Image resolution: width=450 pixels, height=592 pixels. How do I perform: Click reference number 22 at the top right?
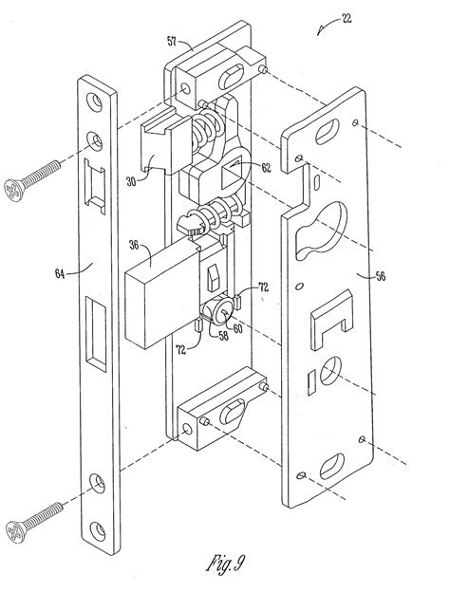coord(347,19)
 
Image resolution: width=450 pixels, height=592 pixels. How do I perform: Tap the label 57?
coord(172,41)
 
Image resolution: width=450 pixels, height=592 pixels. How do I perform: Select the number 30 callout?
coord(131,181)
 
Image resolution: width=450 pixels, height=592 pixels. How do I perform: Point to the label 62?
coord(266,167)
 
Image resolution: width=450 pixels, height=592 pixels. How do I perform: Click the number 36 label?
coord(134,245)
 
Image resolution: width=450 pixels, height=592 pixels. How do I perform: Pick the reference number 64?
coord(60,274)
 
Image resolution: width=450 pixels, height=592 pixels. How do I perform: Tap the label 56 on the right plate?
coord(381,276)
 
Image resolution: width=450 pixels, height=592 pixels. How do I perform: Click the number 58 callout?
coord(224,336)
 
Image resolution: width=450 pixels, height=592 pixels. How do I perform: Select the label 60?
coord(237,328)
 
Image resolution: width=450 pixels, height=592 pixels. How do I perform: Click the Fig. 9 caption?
coord(226,564)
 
